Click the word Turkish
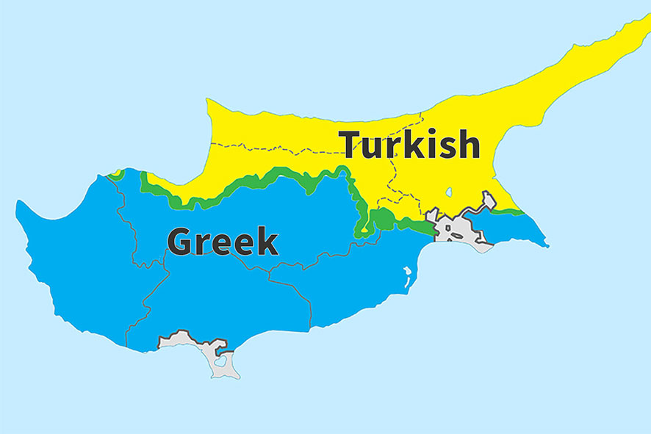pyautogui.click(x=409, y=145)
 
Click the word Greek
pyautogui.click(x=223, y=242)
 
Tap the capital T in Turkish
pyautogui.click(x=353, y=145)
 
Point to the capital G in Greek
pyautogui.click(x=181, y=242)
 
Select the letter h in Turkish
pyautogui.click(x=467, y=145)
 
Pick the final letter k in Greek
pyautogui.click(x=267, y=242)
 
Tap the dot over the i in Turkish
pyautogui.click(x=426, y=133)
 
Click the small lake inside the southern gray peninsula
pyautogui.click(x=219, y=362)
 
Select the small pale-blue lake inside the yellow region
pyautogui.click(x=448, y=192)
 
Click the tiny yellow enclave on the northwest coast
pyautogui.click(x=115, y=174)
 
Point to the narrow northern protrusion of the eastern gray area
pyautogui.click(x=488, y=200)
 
